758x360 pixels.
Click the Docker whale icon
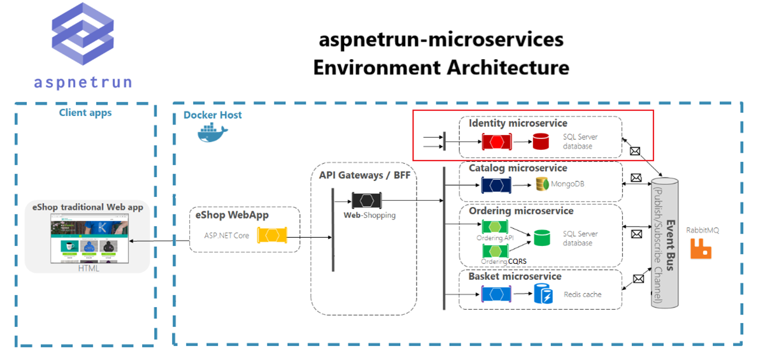click(213, 132)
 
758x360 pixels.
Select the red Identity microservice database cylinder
click(541, 141)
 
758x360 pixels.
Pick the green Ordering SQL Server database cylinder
click(542, 238)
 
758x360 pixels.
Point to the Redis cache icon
click(543, 294)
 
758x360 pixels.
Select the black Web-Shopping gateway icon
click(366, 200)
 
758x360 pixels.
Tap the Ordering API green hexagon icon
click(495, 227)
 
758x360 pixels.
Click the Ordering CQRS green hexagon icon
click(495, 251)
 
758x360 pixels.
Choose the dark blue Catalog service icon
click(496, 185)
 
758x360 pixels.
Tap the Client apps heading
click(85, 113)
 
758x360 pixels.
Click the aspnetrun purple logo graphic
click(82, 35)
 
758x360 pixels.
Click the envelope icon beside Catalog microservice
click(636, 178)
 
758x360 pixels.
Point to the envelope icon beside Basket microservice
click(638, 279)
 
